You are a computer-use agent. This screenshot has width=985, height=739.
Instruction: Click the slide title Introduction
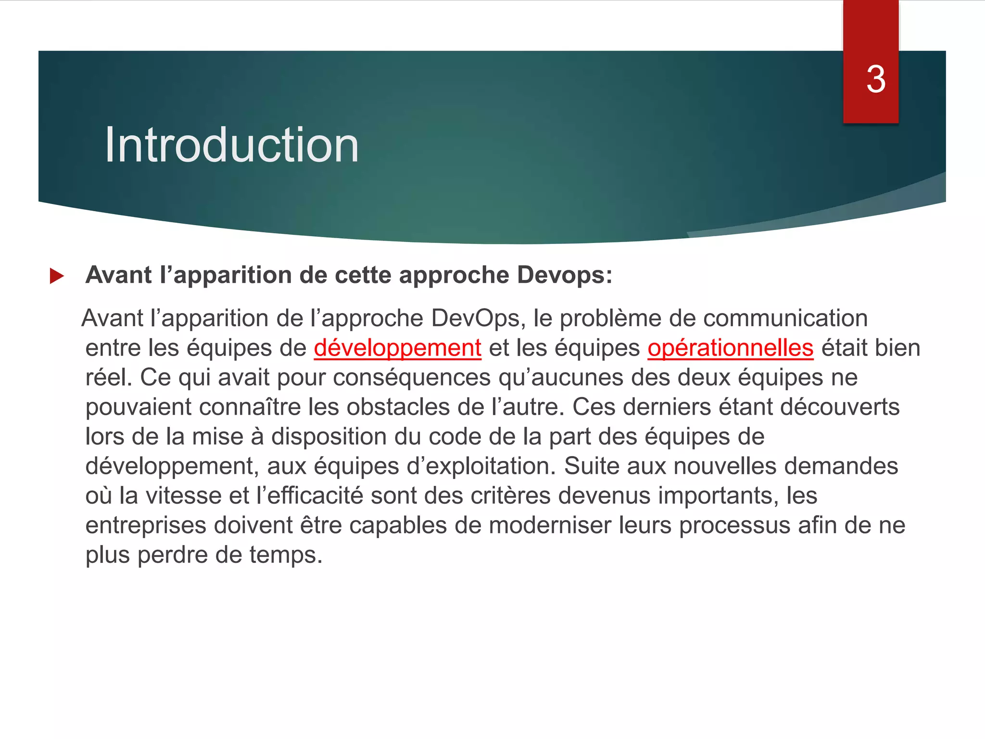click(x=232, y=145)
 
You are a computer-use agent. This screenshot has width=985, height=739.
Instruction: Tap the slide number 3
click(x=876, y=79)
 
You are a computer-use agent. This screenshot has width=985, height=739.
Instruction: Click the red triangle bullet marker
click(x=57, y=276)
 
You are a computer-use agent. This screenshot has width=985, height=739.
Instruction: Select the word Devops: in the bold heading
click(x=565, y=275)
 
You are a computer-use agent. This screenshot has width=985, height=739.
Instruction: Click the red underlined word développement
click(x=397, y=348)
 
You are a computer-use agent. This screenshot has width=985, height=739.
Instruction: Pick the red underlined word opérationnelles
click(x=730, y=348)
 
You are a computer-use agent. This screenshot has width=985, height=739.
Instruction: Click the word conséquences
click(x=412, y=378)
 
